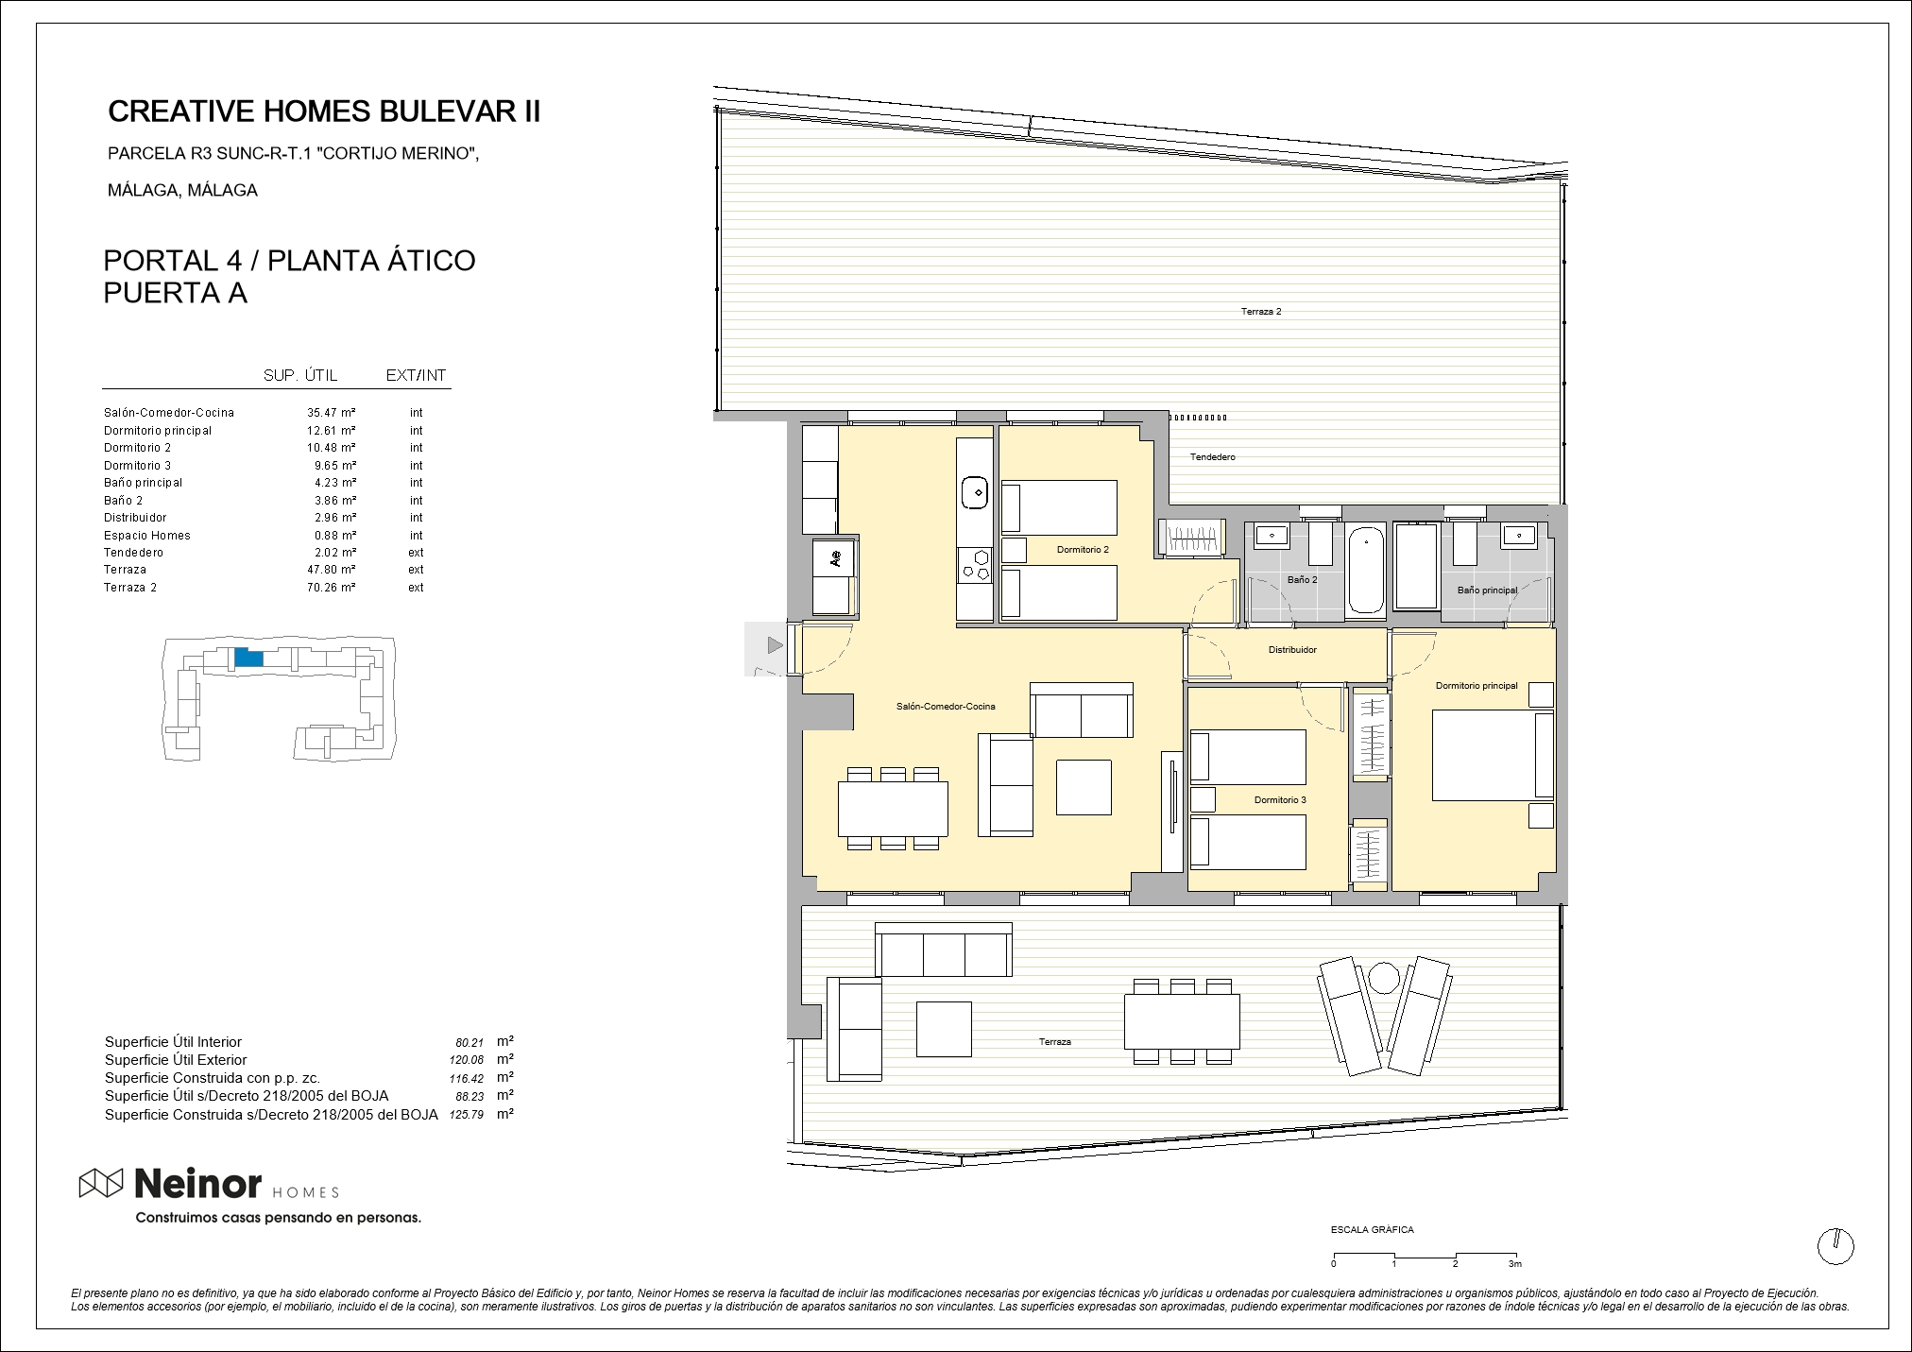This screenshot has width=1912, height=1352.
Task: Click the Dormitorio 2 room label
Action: [1083, 549]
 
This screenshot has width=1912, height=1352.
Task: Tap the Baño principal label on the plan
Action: [1487, 590]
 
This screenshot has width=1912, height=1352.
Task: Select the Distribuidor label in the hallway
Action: [1292, 650]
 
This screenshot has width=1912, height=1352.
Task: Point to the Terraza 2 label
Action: [1261, 311]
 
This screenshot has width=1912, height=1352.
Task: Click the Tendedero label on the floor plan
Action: [1212, 457]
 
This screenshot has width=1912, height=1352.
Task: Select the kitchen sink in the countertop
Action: [975, 492]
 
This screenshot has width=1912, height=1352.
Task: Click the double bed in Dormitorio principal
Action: [1493, 756]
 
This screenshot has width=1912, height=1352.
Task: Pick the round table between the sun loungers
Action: [1384, 977]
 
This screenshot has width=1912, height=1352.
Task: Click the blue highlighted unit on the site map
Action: [248, 658]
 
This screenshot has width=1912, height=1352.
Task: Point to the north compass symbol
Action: [1835, 1246]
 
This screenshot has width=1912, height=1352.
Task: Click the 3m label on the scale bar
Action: [1515, 1264]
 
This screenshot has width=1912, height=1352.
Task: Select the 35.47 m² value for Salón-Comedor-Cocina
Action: [331, 413]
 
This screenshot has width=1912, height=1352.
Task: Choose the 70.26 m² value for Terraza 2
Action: [331, 588]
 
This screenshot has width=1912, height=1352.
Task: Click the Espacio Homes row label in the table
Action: [147, 536]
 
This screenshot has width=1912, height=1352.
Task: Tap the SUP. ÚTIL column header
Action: [300, 376]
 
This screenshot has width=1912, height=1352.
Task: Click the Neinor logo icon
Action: [101, 1183]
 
